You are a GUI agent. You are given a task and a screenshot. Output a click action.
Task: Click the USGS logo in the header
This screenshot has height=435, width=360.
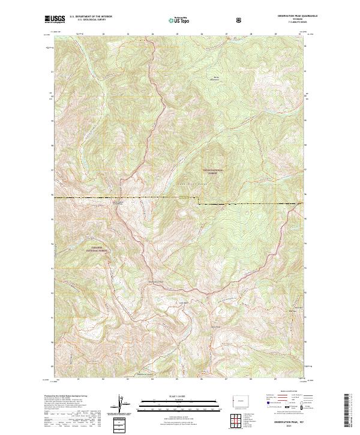[x=55, y=20]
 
